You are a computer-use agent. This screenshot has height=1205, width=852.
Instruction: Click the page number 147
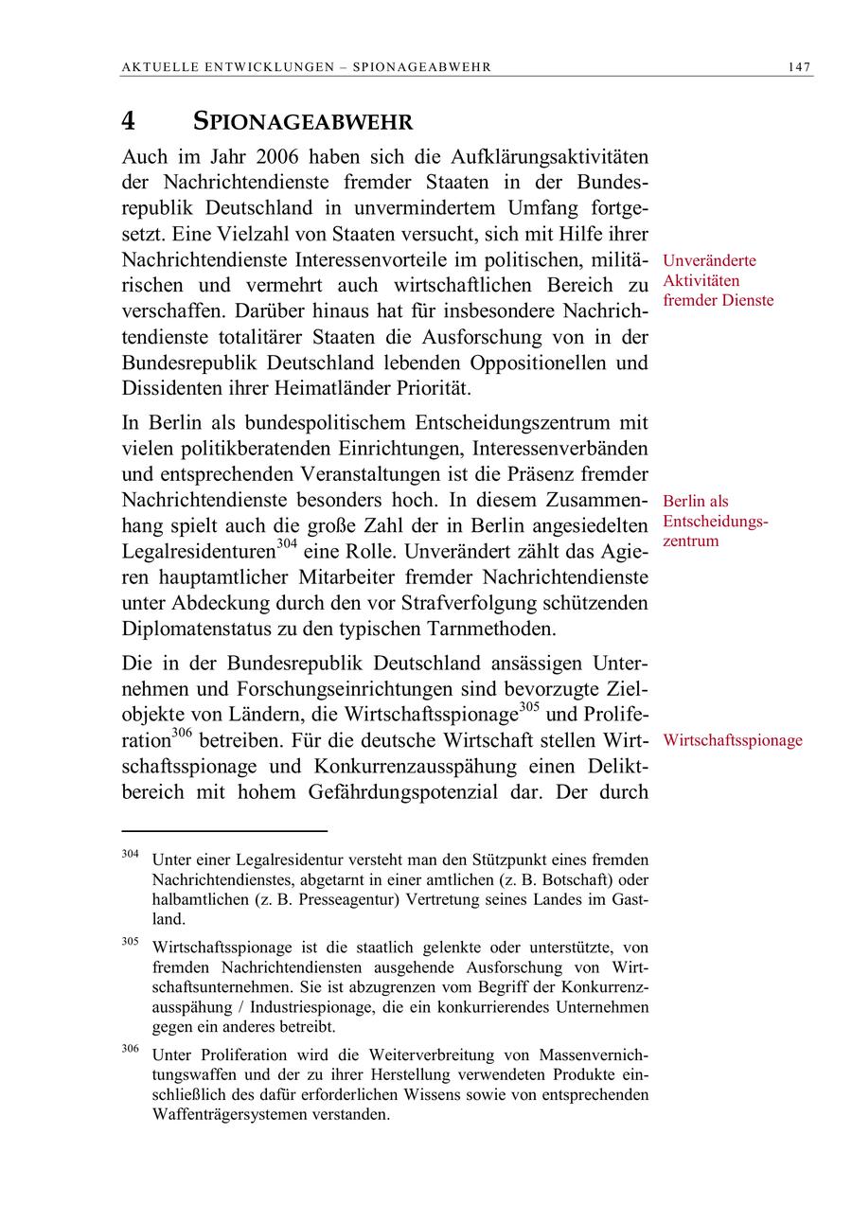click(799, 67)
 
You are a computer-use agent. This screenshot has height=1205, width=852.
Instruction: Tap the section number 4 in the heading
click(128, 122)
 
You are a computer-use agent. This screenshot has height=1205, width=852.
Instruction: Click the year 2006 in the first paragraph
click(282, 156)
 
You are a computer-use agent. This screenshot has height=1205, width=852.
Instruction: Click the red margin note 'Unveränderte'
click(709, 260)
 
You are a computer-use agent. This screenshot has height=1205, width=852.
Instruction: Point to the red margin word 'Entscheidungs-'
click(715, 522)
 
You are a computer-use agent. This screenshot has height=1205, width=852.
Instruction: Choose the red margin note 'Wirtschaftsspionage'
click(732, 740)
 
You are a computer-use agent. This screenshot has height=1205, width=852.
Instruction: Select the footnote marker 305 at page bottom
click(130, 942)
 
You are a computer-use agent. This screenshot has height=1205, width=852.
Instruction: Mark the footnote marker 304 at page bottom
click(130, 855)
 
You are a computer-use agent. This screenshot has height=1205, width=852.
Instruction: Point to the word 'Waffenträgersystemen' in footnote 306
click(222, 1114)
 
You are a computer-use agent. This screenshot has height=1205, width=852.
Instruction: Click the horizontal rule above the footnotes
click(224, 831)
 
